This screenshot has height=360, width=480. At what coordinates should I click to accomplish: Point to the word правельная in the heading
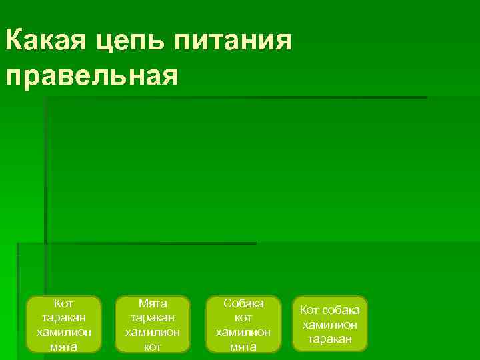pos(91,75)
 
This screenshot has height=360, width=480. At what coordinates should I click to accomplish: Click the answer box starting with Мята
pos(153,325)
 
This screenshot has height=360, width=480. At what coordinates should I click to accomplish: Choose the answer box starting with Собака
pos(243,325)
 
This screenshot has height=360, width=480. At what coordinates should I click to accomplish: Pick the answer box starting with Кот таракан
pos(63,325)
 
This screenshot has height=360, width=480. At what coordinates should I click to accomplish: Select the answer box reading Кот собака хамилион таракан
pos(329,325)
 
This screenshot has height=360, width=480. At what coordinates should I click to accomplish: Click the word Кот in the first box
pos(63,303)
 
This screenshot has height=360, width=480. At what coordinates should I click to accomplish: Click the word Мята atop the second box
pos(153,303)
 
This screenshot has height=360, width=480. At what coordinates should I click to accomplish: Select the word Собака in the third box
pos(243,303)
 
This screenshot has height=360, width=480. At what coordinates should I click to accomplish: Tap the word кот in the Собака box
pos(243,317)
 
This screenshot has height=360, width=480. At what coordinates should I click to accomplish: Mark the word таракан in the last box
pos(329,339)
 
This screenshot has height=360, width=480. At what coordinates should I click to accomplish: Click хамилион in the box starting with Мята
pos(153,332)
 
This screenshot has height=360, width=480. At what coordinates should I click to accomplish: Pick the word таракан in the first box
pos(63,317)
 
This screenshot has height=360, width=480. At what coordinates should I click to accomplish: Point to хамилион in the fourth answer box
pos(329,325)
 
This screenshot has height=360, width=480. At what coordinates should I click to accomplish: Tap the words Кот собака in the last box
pos(329,310)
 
